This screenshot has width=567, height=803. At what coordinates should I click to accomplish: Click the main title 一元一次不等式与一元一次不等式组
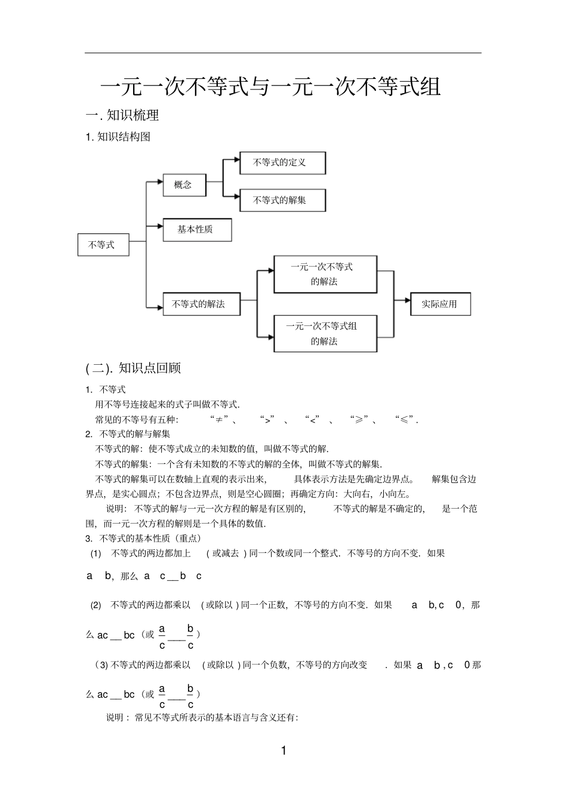point(270,87)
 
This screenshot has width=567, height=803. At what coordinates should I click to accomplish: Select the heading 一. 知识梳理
point(122,115)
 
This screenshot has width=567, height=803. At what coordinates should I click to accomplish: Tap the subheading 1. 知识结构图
point(118,137)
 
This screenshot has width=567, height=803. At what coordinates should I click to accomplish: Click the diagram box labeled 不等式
point(103,245)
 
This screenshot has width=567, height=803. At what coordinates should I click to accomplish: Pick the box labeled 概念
point(184,185)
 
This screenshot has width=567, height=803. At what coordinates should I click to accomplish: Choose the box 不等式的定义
point(282,163)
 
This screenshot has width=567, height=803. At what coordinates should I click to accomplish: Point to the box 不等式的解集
point(282,201)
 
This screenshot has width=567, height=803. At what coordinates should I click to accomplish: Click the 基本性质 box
point(197,230)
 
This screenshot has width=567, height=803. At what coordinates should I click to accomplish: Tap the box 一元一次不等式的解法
point(325,275)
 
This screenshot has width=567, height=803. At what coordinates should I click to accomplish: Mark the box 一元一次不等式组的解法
point(325,334)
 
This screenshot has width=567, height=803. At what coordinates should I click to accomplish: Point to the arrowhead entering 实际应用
point(408,303)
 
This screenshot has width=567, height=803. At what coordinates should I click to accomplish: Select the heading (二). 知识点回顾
point(133,368)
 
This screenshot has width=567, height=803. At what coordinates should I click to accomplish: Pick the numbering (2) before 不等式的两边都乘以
point(95,605)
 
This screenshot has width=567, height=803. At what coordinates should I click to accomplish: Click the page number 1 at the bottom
point(283,751)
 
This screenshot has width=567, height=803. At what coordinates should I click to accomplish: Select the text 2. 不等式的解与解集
point(128,434)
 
